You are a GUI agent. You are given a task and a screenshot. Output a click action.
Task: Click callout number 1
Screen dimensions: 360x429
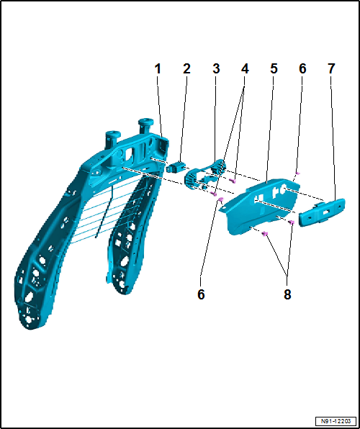[158, 68]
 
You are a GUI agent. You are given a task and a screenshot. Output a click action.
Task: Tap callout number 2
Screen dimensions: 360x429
[186, 68]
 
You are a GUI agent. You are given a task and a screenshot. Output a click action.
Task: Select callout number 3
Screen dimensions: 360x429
[216, 68]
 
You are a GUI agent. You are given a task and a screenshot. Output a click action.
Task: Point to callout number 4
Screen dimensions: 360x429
[245, 68]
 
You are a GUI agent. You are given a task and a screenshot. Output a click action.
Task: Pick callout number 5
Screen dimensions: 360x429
[274, 68]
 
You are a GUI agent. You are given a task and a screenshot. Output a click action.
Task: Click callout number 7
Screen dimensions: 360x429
[331, 68]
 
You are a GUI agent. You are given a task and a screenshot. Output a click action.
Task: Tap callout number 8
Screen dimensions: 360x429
[287, 294]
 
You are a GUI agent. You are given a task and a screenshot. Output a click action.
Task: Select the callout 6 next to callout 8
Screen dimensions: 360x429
[201, 294]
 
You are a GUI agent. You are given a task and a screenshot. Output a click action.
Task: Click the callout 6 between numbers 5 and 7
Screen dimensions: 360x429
[302, 68]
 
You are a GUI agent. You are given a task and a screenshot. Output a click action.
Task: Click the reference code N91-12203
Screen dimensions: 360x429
[336, 421]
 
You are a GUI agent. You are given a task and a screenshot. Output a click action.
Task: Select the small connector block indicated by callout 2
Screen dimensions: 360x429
[174, 166]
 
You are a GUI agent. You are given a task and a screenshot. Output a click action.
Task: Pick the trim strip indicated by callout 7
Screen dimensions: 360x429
[321, 212]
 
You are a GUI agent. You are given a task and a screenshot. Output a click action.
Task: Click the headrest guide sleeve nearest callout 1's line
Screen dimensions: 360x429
[145, 127]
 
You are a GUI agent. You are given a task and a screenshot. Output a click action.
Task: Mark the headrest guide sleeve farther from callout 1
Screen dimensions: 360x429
[113, 140]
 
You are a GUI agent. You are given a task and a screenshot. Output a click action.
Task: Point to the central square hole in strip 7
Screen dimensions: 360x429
[326, 212]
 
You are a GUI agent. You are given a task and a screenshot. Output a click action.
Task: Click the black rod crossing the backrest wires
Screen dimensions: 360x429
[104, 211]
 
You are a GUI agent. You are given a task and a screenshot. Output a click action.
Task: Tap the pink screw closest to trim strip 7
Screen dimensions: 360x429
[292, 222]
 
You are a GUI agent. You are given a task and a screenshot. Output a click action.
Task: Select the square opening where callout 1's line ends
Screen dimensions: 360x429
[163, 145]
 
